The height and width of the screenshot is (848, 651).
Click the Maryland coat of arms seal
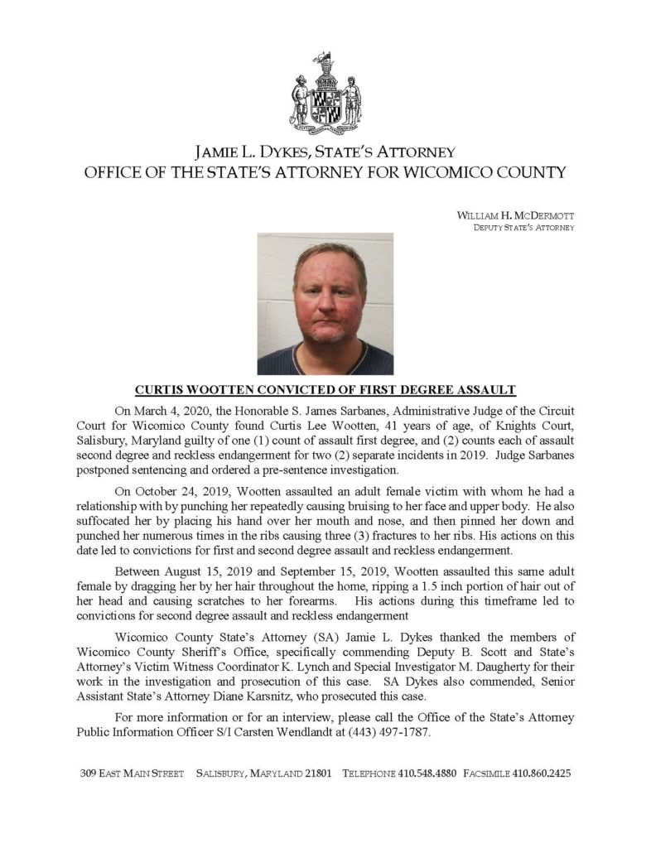tap(325, 99)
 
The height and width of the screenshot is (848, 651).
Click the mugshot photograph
tap(325, 303)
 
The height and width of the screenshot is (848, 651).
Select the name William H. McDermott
tap(515, 215)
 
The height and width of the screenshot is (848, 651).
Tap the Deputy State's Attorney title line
tap(523, 227)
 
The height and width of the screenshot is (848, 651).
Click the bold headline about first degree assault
tap(325, 389)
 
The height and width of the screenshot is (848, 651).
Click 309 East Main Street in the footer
tap(132, 773)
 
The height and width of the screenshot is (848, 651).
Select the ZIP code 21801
tap(316, 773)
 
